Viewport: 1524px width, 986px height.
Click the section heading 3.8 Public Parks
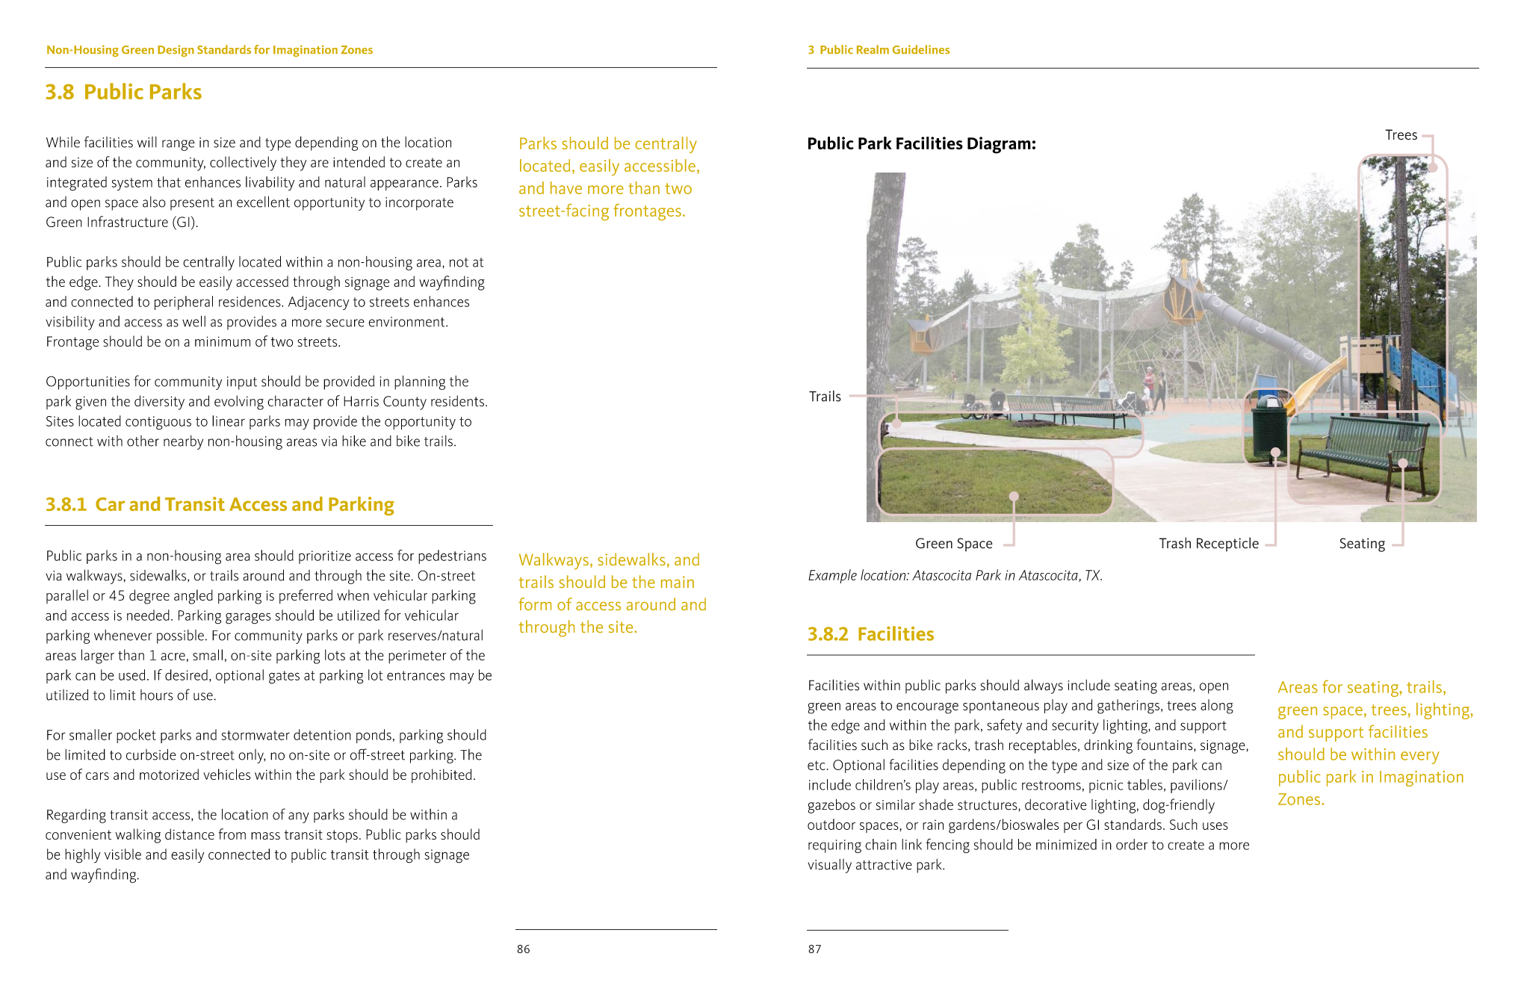pos(123,92)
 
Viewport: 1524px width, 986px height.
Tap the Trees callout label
pos(1401,135)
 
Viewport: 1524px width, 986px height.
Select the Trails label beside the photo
pos(825,397)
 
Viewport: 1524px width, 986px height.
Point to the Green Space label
pos(953,544)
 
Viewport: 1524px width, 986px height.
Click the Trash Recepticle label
pos(1208,544)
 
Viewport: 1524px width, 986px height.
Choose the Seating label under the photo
pos(1361,544)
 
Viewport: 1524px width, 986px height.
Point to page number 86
pos(523,949)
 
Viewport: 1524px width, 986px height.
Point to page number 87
pos(814,949)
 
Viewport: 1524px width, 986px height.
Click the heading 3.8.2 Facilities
pos(870,634)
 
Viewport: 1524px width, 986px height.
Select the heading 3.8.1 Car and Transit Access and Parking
pos(220,505)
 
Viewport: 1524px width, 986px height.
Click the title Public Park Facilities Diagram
pos(921,143)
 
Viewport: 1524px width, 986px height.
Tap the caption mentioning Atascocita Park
pos(955,576)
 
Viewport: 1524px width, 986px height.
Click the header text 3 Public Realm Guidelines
pos(879,50)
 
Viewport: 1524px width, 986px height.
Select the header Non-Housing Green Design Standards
pos(209,50)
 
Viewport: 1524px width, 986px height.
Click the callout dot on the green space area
pos(1014,496)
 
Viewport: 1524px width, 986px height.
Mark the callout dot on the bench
pos(1403,464)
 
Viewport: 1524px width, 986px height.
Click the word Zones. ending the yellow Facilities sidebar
pos(1301,800)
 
